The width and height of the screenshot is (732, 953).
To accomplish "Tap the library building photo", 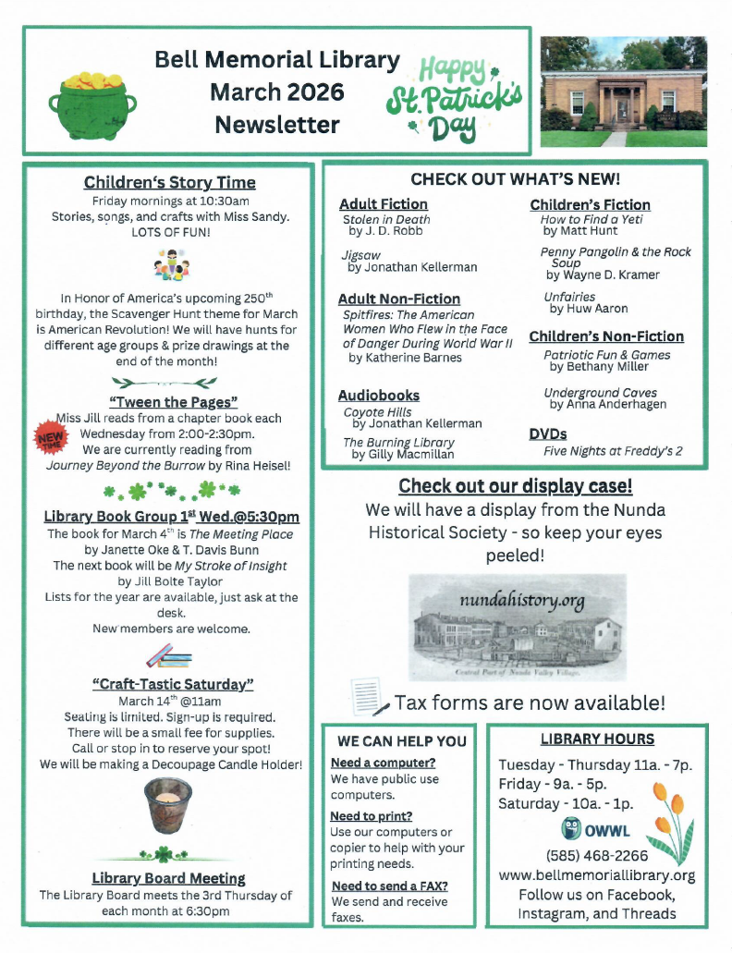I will click(623, 92).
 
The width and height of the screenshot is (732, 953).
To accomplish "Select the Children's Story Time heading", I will click(169, 182).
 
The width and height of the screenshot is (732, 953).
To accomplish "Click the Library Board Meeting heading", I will click(169, 877).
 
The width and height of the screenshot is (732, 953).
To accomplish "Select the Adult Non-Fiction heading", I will click(398, 299).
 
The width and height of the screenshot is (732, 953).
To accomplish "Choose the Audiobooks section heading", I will click(379, 395).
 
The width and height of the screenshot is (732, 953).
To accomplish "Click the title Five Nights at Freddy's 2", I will click(613, 451).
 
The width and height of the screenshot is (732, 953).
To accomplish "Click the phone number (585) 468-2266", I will click(596, 855).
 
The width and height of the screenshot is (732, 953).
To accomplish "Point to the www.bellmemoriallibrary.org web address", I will click(596, 874).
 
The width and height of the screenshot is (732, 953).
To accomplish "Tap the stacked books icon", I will click(169, 657).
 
